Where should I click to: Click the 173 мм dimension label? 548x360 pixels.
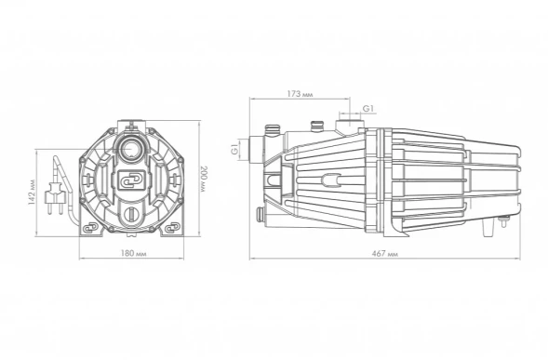coord(300,94)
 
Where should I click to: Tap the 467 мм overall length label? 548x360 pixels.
coord(385,254)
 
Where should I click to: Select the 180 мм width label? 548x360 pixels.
coord(133,253)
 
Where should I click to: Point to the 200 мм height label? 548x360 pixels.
coord(204,179)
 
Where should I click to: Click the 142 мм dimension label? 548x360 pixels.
coord(32,193)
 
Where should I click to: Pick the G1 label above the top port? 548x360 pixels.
coord(368,109)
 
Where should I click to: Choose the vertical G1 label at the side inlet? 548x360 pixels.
coord(234,150)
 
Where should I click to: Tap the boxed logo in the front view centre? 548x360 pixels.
coord(131,180)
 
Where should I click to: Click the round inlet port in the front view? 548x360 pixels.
coord(131,149)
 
